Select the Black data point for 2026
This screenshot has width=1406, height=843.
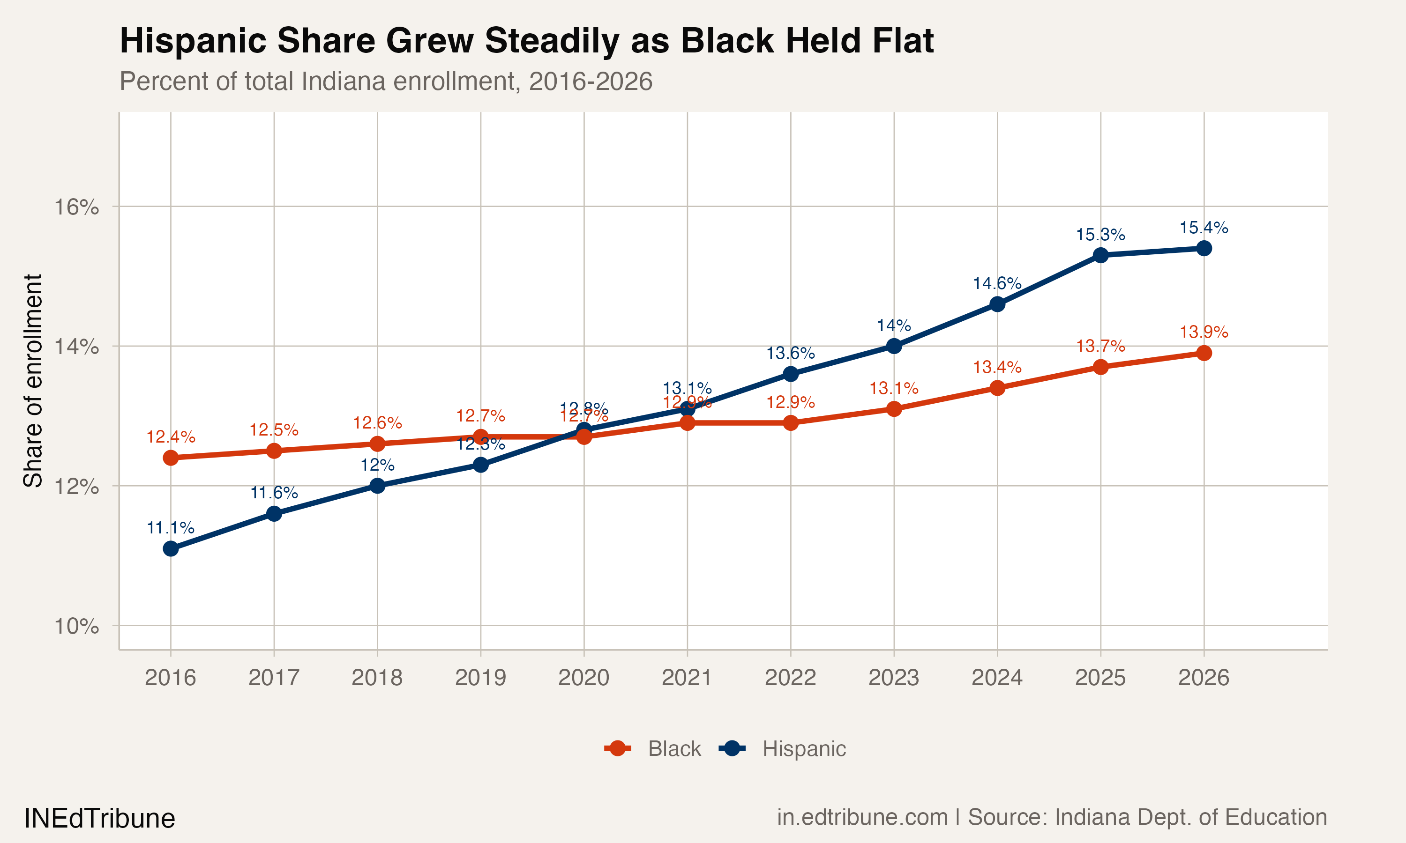1204,353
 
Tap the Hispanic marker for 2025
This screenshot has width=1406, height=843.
1101,255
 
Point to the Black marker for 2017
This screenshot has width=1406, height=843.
274,451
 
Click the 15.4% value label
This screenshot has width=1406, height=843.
1204,228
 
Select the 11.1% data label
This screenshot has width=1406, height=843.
171,528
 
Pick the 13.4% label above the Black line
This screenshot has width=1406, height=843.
997,367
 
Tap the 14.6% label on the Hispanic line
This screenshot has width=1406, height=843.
997,283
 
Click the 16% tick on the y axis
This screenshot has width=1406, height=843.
76,207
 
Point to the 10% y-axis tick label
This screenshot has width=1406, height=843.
76,627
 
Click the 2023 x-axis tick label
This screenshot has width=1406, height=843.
893,678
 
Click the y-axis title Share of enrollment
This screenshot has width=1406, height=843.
33,381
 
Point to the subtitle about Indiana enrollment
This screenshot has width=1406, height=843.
386,81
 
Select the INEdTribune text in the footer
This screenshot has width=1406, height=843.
99,819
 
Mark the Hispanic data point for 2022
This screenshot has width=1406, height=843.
791,374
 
